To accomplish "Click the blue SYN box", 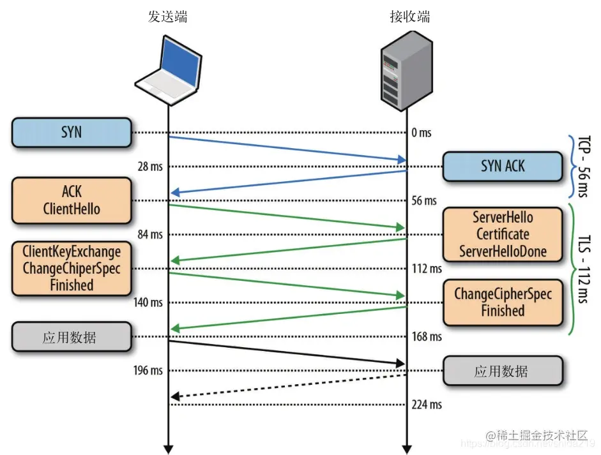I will [72, 133].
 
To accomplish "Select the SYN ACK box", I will [503, 167].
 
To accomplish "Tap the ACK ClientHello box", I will [72, 200].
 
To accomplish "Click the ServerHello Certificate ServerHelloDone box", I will [503, 234].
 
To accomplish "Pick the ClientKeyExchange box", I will [72, 268].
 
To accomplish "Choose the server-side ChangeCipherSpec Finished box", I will [503, 302].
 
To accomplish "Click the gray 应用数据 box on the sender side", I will [72, 336].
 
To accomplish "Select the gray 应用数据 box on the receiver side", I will [503, 371].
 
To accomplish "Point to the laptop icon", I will [168, 70].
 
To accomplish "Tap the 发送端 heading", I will [168, 17].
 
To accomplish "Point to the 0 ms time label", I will [422, 133].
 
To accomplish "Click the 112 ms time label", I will [427, 269].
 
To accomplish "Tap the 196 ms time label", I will [148, 371].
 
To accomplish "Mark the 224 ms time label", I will [427, 405].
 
